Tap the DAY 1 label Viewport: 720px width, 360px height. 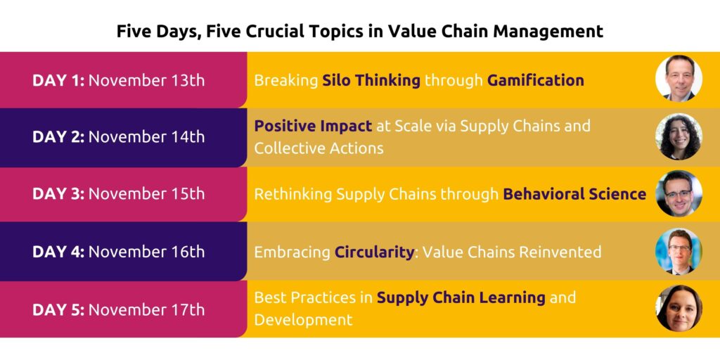coord(58,80)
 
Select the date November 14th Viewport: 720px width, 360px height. coord(146,136)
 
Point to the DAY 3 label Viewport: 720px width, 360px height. coord(58,194)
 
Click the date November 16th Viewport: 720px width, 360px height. coord(146,252)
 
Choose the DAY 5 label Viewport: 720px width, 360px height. coord(58,309)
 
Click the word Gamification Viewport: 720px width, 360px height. coord(535,80)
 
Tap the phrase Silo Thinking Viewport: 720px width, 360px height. coord(371,80)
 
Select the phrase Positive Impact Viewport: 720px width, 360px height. coord(313,127)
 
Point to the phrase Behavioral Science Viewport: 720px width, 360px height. coord(574,194)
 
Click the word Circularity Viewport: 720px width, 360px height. coord(374,252)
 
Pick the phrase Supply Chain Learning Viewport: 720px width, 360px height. coord(461,297)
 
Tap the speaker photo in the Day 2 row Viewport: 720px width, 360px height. coord(679,136)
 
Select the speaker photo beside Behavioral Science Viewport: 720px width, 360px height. coord(679,194)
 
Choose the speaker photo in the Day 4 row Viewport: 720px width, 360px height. coord(679,251)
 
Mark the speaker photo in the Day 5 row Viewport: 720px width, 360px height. coord(679,309)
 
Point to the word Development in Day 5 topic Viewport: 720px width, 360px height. coord(303,320)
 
